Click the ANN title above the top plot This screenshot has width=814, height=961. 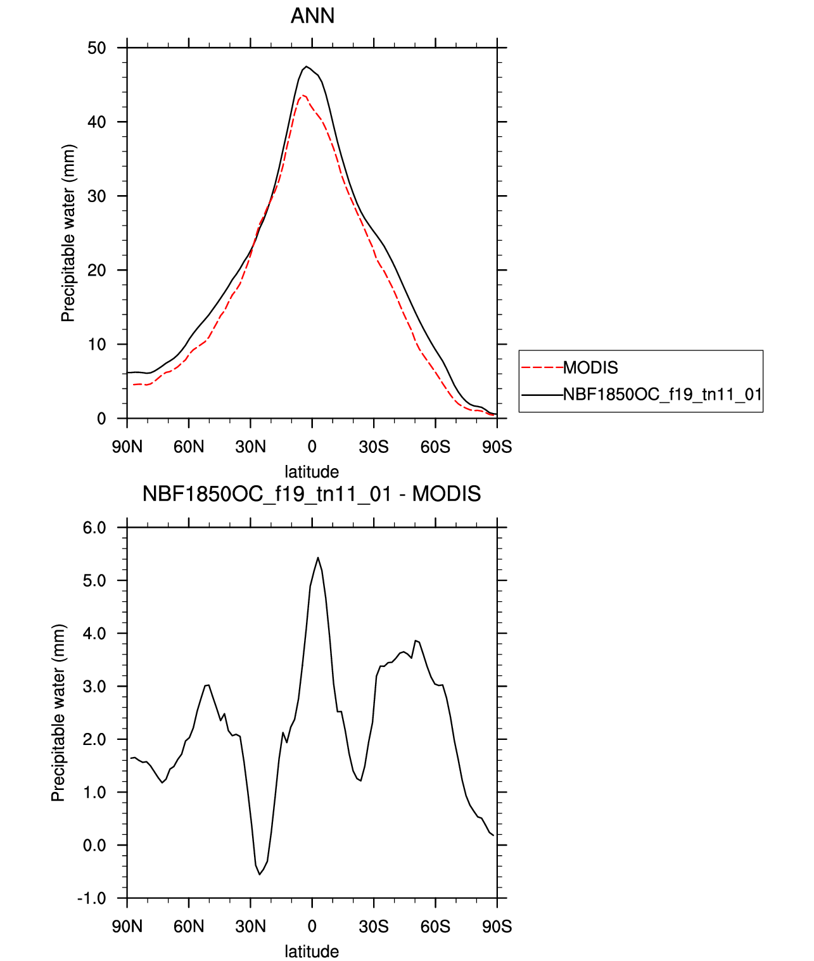pos(312,16)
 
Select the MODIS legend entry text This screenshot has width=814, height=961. pos(590,367)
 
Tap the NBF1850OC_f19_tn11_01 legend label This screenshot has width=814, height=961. pos(662,395)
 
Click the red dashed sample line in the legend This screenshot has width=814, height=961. pos(542,367)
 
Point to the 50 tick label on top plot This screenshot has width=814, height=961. pos(97,48)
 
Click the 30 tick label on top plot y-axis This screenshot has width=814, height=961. pos(97,196)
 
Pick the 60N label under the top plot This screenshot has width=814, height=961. pos(189,447)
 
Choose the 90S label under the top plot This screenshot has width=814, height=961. pos(497,447)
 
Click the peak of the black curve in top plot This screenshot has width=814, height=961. pos(307,66)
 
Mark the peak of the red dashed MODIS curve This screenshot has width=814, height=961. pos(303,95)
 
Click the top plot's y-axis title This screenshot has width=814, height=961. pos(68,233)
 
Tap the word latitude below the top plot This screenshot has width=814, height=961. pos(312,472)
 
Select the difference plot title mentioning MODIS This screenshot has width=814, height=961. pos(312,494)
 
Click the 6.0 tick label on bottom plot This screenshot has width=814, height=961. pos(94,528)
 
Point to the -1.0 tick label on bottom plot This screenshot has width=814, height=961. pos(92,898)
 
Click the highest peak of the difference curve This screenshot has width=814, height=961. pos(318,557)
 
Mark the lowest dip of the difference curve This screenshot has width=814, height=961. pos(260,875)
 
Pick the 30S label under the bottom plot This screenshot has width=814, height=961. pos(374,927)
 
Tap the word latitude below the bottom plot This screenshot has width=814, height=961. pos(312,951)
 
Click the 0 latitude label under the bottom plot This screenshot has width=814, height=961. pos(312,927)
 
